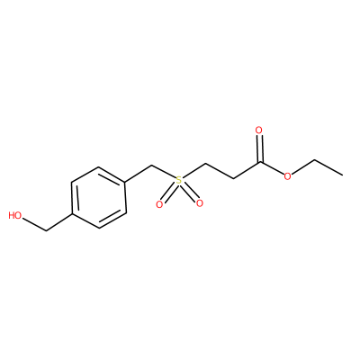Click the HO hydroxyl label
(x=15, y=215)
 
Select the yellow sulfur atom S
(x=179, y=180)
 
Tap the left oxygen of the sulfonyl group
(x=159, y=204)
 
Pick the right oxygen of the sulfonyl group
(x=199, y=203)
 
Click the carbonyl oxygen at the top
(x=259, y=130)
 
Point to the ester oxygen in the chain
(x=287, y=176)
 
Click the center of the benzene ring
(x=99, y=198)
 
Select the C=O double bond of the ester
(x=260, y=149)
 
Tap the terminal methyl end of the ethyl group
(x=342, y=175)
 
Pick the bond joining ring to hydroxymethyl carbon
(x=59, y=222)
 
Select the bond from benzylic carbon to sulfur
(x=164, y=172)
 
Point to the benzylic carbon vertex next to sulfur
(x=152, y=165)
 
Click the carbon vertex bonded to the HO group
(x=47, y=231)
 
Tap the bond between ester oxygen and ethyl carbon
(x=303, y=167)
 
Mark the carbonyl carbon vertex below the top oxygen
(x=260, y=163)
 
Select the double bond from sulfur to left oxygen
(x=168, y=193)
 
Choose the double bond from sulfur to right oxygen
(x=189, y=193)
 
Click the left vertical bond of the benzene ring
(x=73, y=198)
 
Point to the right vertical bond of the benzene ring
(x=125, y=198)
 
